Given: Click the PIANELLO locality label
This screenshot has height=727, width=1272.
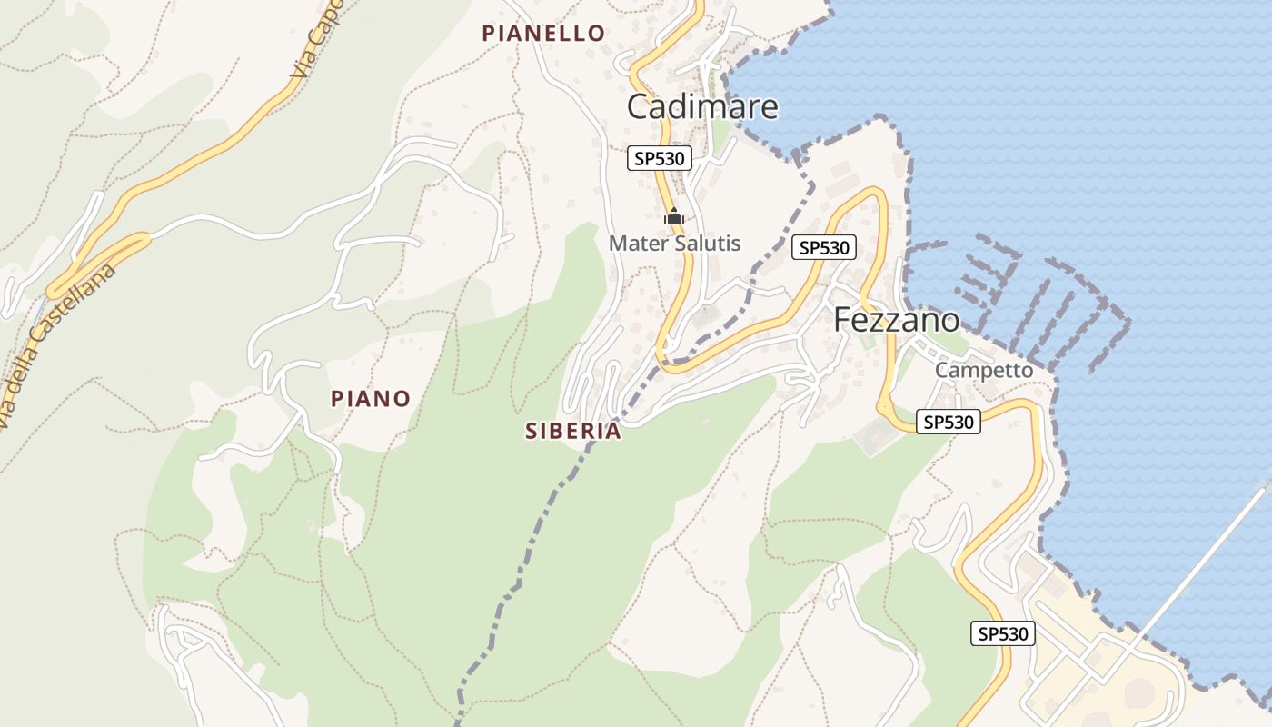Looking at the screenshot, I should coord(543,34).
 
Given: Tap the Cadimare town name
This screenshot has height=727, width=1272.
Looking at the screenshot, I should coord(702,107).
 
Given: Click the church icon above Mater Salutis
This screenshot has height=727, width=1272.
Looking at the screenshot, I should coord(674,217).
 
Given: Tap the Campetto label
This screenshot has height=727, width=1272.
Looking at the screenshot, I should coord(984,371).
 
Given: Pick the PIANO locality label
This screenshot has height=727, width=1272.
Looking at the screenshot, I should coord(371,399).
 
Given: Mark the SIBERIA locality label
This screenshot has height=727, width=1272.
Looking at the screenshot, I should coord(573,432).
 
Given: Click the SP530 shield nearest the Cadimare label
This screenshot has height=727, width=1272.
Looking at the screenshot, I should coord(660,159).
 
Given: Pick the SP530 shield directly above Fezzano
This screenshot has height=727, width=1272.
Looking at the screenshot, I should coord(824,247).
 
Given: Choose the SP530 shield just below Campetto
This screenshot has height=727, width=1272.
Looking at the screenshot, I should coord(949,422).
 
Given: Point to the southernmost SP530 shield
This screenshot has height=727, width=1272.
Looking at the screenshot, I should coord(1003,633).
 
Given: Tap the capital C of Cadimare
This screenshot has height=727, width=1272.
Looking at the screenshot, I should coord(639,107).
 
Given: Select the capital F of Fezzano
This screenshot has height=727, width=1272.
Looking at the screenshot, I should coord(842,320).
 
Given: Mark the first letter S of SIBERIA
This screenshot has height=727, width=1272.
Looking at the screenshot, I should coord(532,432).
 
